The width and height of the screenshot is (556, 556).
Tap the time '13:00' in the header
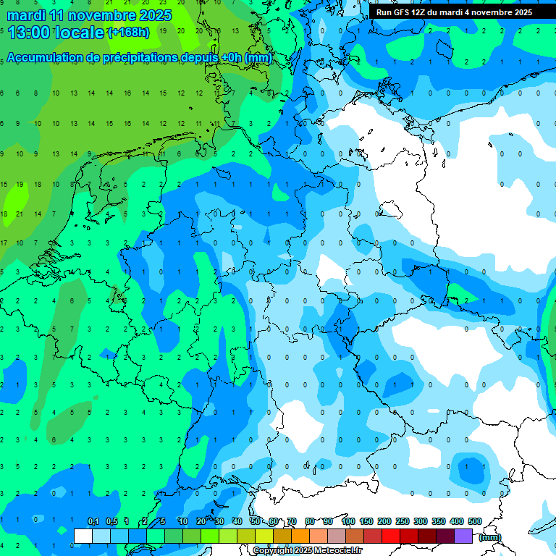coord(30,32)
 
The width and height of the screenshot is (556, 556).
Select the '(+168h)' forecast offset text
coord(128,32)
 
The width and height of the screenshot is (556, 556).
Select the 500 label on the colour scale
coord(475,521)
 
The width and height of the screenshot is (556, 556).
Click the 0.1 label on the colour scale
coord(93,521)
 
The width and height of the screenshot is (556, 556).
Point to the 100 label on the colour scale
coord(348,521)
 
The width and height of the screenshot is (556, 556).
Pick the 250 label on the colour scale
coord(403,521)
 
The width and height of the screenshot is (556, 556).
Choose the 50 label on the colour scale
coord(256,521)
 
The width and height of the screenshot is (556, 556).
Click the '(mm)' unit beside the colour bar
coord(490,536)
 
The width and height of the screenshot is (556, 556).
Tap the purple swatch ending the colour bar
coord(463,536)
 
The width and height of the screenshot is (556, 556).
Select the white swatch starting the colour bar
coord(83,536)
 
